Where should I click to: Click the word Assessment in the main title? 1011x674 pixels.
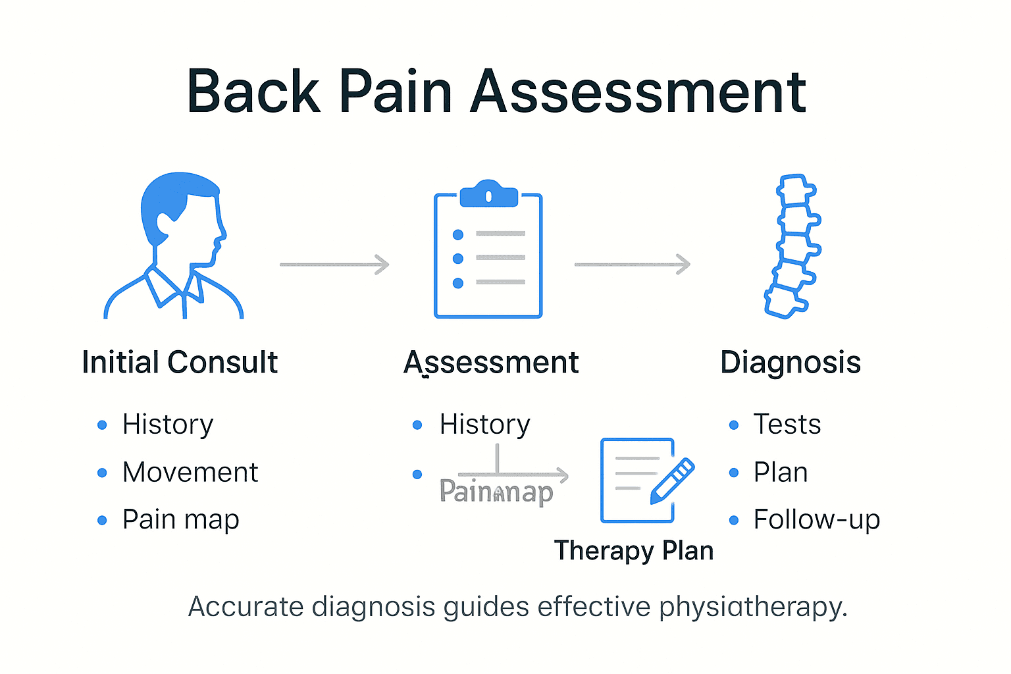(638, 91)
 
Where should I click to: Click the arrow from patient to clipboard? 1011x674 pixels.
(334, 265)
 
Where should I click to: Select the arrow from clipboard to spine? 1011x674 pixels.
(632, 265)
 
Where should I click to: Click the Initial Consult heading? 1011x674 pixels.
(180, 363)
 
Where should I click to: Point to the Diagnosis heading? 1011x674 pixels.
(791, 363)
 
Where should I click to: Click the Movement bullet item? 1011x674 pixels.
(190, 473)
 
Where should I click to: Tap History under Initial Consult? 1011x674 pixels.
(168, 425)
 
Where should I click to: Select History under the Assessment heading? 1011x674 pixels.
(484, 425)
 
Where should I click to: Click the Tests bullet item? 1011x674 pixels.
(787, 425)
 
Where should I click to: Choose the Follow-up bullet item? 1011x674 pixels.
(816, 520)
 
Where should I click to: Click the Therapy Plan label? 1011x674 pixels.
(634, 551)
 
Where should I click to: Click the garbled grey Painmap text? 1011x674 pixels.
(496, 492)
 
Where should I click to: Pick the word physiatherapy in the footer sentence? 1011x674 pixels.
(752, 607)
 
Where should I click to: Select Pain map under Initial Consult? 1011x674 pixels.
(181, 520)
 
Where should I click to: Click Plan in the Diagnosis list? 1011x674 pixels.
(781, 473)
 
